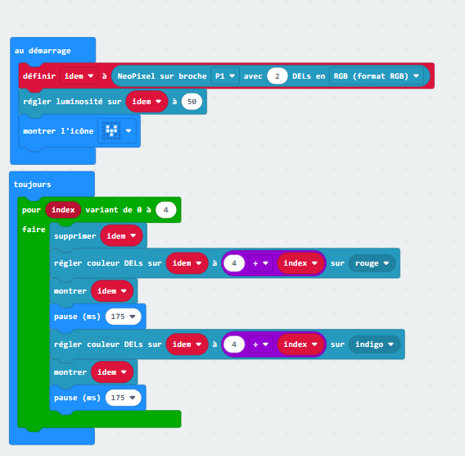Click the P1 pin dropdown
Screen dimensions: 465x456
[225, 76]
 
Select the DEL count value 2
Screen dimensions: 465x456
[278, 76]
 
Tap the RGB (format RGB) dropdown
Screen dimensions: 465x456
[377, 76]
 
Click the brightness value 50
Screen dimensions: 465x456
[192, 102]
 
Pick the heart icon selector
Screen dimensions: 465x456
[117, 130]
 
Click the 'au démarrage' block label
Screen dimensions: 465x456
[43, 51]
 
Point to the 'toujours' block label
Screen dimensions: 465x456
[32, 185]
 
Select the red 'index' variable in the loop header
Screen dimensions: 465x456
[63, 210]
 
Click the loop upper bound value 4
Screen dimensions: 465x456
[165, 210]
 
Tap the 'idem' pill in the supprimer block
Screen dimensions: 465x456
[121, 236]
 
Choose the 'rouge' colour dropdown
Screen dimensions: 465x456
[372, 263]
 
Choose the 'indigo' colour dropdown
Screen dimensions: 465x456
[375, 344]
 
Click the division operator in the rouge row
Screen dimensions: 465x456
[260, 263]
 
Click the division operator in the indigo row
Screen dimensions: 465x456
[260, 344]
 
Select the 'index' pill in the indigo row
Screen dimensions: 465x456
[300, 344]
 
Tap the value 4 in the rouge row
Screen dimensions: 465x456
[234, 263]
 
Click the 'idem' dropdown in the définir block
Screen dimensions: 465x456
[79, 76]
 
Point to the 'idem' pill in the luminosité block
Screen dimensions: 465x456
[147, 102]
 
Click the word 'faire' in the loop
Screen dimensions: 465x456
[34, 230]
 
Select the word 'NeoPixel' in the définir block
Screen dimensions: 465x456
[137, 76]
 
